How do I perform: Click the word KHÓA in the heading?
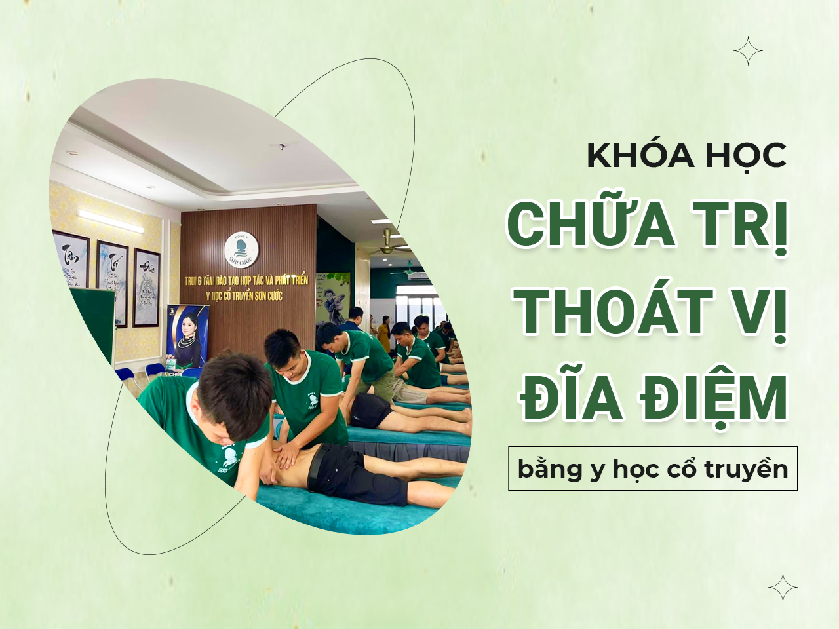coord(631,156)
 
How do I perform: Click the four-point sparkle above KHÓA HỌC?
coord(748,50)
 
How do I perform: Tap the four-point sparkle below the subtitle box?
coord(783,587)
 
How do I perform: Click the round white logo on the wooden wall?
coord(241,250)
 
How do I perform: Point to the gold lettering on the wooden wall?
coord(246,288)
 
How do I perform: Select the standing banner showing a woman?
coord(187,337)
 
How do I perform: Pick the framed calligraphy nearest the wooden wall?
coord(147,288)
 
